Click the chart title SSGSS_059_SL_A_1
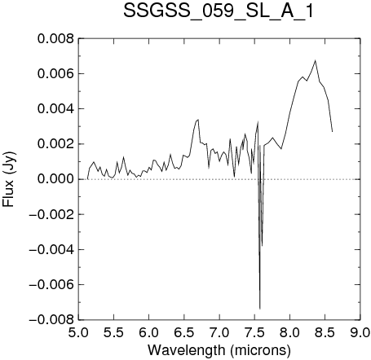coord(219,11)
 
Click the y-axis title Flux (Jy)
coord(9,179)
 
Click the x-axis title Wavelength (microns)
coord(219,350)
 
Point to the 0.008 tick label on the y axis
coord(55,39)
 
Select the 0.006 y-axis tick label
coord(55,74)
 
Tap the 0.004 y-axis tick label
coord(55,109)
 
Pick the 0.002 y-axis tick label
coord(55,144)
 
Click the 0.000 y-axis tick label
coord(55,179)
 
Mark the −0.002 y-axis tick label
coord(51,214)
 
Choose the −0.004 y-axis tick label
coord(51,249)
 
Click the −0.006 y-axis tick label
coord(51,284)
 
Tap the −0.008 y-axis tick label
coord(51,320)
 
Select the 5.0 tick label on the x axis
coord(78,332)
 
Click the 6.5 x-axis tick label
coord(184,332)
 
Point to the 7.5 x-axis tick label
coord(254,332)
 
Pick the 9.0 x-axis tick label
coord(360,332)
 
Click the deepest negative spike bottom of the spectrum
coord(260,309)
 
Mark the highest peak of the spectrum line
coord(316,60)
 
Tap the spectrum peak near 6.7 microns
coord(198,120)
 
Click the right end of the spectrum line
coord(333,132)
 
